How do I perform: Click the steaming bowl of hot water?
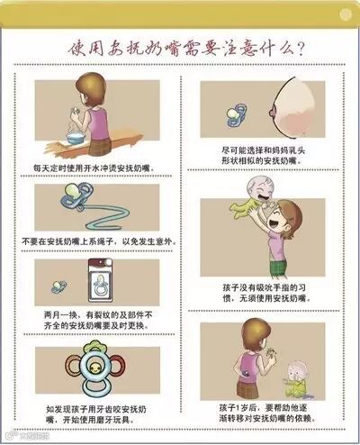pyautogui.click(x=76, y=138)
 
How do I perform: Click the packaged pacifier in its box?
pyautogui.click(x=101, y=281)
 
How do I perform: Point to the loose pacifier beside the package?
pyautogui.click(x=58, y=286)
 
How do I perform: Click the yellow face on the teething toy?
pyautogui.click(x=94, y=367)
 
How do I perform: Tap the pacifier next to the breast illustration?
pyautogui.click(x=237, y=114)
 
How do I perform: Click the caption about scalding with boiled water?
pyautogui.click(x=94, y=168)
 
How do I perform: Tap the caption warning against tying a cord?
pyautogui.click(x=99, y=241)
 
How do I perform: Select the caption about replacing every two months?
pyautogui.click(x=98, y=321)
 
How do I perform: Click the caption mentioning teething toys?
pyautogui.click(x=96, y=414)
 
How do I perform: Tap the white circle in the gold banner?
pyautogui.click(x=346, y=14)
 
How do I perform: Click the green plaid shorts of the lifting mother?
pyautogui.click(x=278, y=268)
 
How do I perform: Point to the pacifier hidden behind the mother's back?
pyautogui.click(x=247, y=374)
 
